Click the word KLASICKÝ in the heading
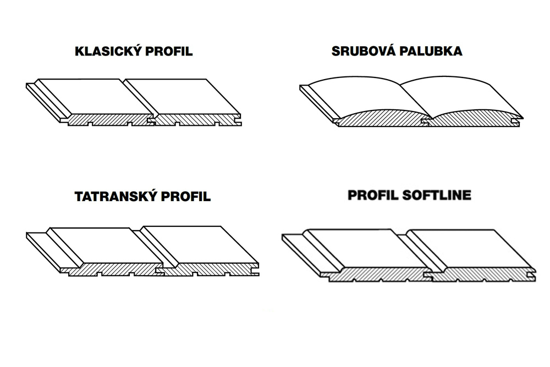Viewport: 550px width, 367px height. [108, 51]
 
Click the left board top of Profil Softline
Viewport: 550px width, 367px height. [369, 248]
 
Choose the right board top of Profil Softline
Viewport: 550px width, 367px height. [472, 248]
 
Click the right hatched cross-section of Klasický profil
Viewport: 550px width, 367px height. [197, 120]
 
